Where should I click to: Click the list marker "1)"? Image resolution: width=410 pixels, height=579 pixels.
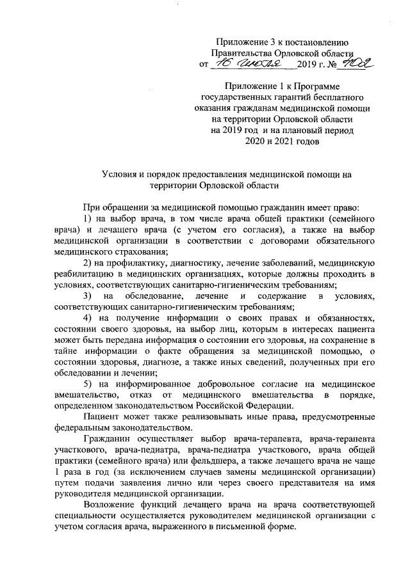[x=89, y=219]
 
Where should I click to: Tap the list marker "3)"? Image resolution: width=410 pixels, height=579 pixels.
[x=89, y=296]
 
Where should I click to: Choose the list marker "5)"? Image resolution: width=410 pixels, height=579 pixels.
[x=89, y=384]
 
